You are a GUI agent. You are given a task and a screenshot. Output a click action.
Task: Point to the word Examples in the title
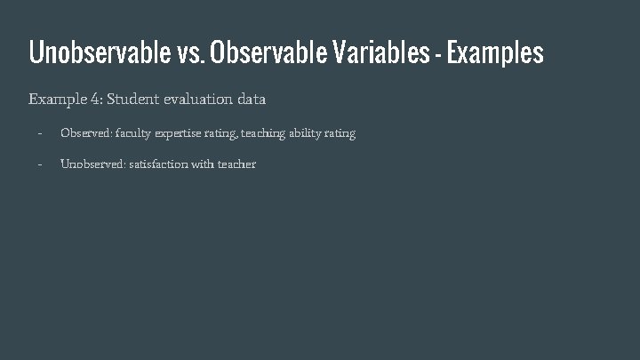point(495,54)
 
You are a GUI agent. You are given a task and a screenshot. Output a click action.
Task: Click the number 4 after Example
point(95,100)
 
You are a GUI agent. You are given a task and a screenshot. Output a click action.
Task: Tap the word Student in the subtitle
point(133,100)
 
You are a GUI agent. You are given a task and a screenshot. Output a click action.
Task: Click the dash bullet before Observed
point(39,133)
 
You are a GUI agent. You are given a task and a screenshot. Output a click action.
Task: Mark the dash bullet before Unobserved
point(39,164)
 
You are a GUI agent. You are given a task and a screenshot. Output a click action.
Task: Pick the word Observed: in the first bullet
point(86,133)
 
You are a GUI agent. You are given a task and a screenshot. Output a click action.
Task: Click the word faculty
point(133,133)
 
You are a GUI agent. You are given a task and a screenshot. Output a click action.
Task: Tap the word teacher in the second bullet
point(236,164)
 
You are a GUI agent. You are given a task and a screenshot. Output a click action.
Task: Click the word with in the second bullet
point(203,164)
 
